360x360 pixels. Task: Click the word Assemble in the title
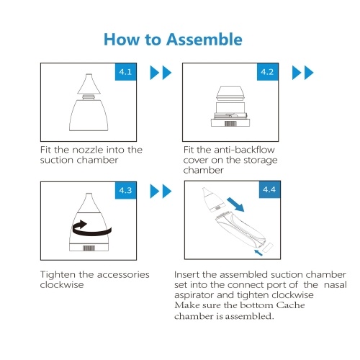204,40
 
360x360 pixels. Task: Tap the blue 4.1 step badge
126,72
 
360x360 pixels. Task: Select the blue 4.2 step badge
268,72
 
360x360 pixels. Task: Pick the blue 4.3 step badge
126,190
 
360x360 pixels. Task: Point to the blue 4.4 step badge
269,189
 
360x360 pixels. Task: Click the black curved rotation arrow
91,233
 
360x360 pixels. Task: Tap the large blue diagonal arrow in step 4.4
235,204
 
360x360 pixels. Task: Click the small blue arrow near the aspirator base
258,253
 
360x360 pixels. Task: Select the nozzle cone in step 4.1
89,84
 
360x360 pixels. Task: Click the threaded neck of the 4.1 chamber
89,97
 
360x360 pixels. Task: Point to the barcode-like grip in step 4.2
230,124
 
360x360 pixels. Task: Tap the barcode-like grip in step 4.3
89,248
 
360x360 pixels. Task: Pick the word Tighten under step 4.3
58,274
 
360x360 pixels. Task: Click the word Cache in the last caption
290,305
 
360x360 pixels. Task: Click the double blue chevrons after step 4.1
161,73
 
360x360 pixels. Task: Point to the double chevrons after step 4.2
302,73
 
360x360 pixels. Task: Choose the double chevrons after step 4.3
161,192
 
